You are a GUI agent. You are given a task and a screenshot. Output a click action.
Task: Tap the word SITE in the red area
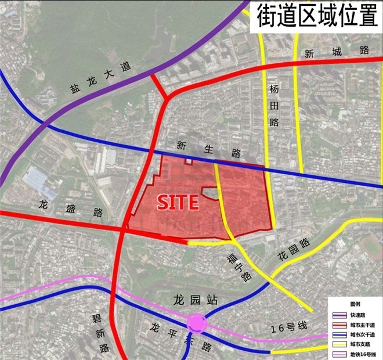178,202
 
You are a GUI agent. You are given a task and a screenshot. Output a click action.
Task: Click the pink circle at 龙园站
197,323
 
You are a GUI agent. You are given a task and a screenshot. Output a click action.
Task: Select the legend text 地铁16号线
363,354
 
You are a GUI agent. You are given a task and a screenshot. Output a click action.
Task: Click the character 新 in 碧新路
100,333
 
